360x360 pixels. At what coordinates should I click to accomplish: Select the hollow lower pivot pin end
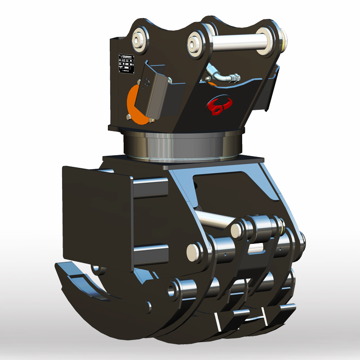pos(172,290)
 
